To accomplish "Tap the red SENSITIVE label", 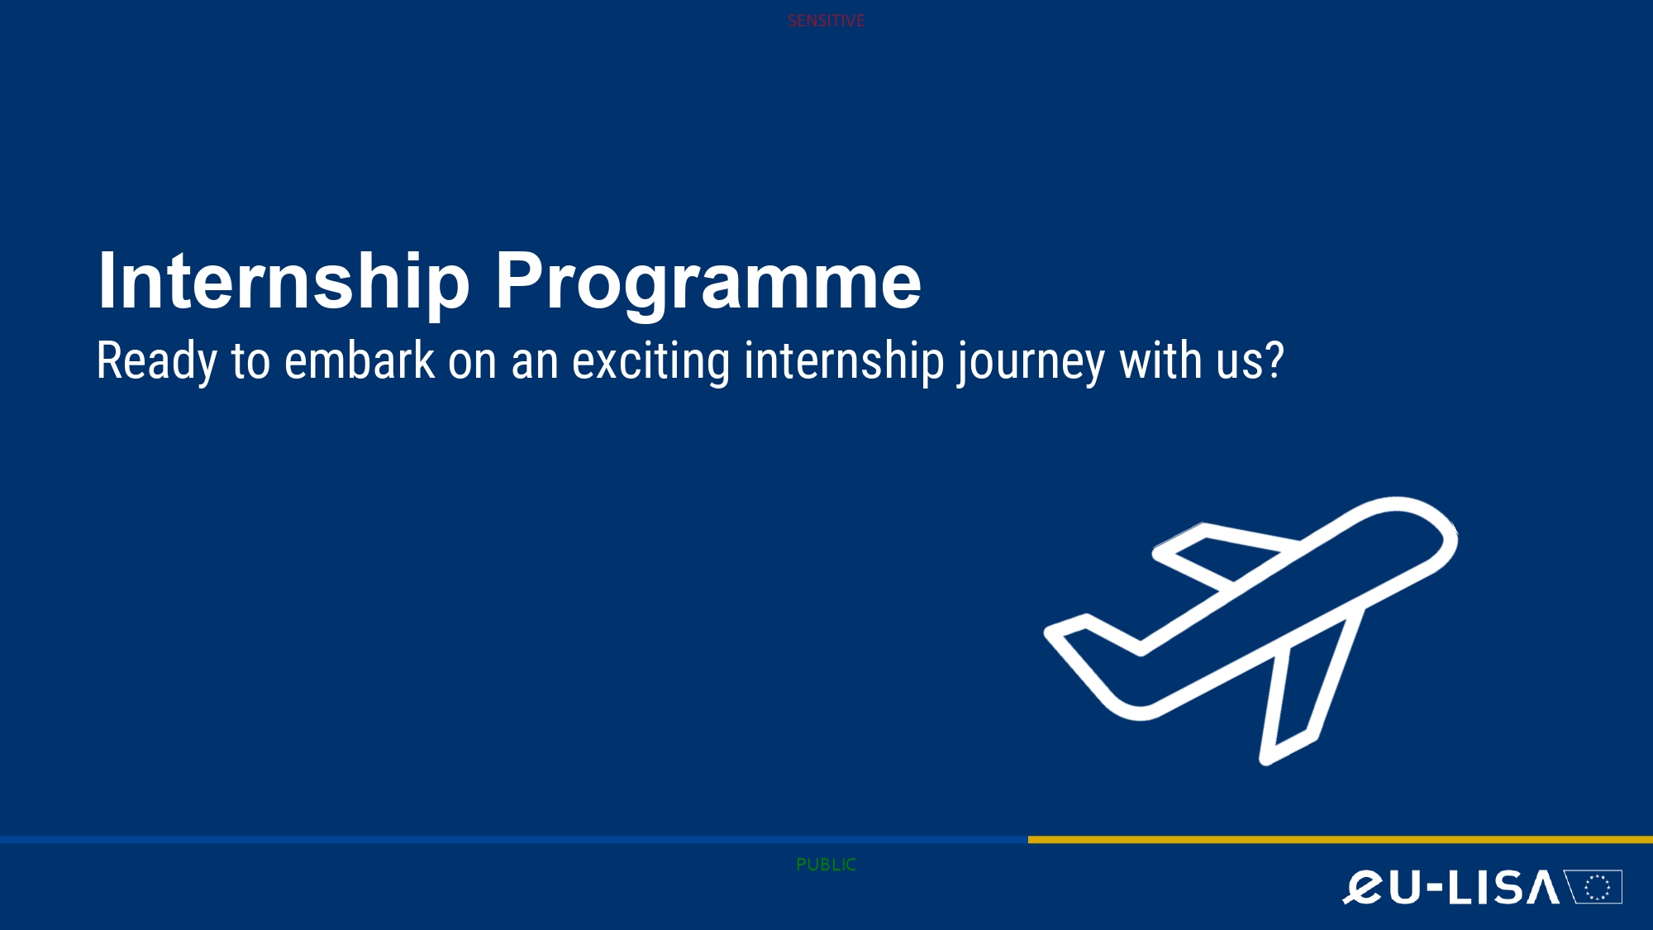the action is (x=826, y=21).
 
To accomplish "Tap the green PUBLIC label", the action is (x=826, y=865).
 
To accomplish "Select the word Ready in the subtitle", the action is (x=157, y=362).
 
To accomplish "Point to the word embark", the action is (x=360, y=360).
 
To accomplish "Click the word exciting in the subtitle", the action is (x=651, y=362).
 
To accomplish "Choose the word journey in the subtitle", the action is (x=1031, y=362).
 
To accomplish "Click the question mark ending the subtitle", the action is (x=1274, y=360).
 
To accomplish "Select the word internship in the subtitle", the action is (x=844, y=362).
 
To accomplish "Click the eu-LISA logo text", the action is (x=1451, y=888).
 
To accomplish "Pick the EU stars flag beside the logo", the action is (x=1596, y=887).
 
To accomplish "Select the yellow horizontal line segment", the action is (x=1341, y=839).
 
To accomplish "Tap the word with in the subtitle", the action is (x=1161, y=360).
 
